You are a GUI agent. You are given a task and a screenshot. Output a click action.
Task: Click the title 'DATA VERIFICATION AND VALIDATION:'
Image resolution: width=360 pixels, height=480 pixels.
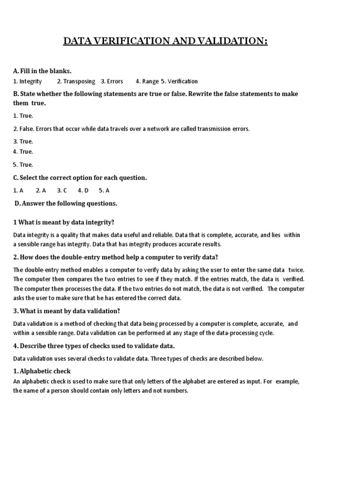(x=165, y=42)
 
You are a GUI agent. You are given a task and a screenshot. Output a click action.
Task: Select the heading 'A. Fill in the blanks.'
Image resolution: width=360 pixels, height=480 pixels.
(x=42, y=71)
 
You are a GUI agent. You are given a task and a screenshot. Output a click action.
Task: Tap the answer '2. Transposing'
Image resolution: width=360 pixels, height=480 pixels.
(x=76, y=82)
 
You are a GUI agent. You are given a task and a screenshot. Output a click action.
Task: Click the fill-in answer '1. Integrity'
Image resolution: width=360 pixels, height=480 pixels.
(x=28, y=82)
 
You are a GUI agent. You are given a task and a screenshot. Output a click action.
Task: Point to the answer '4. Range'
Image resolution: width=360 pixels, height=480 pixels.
(x=147, y=82)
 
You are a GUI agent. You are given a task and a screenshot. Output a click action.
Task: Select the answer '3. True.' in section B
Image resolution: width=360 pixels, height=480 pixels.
(x=23, y=142)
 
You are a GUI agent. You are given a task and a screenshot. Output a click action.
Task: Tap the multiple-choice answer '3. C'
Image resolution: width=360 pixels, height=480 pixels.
(x=62, y=191)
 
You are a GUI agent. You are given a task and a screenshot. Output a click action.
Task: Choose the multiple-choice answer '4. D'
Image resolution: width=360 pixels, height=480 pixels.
(x=83, y=191)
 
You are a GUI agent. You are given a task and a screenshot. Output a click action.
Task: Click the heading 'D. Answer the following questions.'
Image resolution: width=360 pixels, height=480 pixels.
(x=66, y=203)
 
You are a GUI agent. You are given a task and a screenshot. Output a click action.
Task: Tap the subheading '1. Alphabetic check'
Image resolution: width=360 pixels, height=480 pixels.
(x=42, y=371)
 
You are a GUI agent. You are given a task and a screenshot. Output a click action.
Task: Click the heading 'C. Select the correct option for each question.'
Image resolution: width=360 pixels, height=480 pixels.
(x=80, y=178)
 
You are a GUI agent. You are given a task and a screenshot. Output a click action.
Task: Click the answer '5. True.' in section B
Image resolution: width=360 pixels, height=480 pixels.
(x=23, y=165)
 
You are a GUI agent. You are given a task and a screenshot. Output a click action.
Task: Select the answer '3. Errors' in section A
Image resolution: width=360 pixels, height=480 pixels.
(x=112, y=82)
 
